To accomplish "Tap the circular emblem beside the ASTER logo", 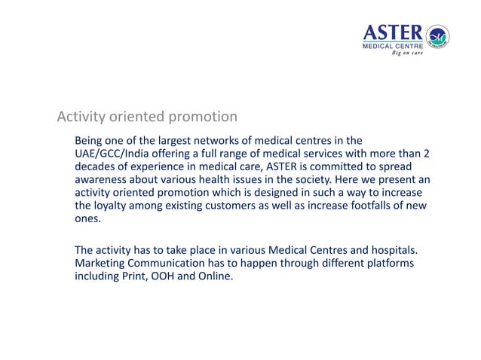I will pos(437,35).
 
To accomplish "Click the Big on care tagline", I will pos(406,53).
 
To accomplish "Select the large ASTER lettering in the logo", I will pos(393,32).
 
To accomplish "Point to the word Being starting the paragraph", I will pos(90,141).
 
